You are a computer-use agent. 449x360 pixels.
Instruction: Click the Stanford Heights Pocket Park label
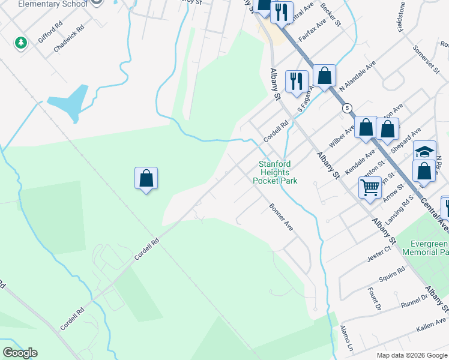[275, 172]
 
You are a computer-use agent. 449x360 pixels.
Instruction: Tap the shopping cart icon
[370, 187]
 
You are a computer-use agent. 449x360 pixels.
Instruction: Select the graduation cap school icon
[424, 151]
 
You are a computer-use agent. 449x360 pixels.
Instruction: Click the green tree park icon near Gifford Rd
[21, 43]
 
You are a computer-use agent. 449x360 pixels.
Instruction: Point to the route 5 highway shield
[347, 109]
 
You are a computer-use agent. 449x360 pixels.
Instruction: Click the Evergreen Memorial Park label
[429, 248]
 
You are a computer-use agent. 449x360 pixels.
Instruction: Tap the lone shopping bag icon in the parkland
[146, 178]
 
